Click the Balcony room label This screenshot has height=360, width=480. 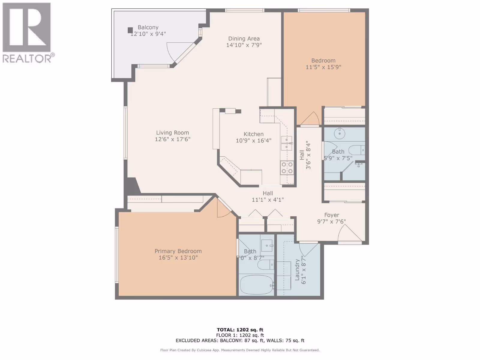coord(148,27)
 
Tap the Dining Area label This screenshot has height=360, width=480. coord(244,39)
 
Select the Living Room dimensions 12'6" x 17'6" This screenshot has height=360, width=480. coord(172,139)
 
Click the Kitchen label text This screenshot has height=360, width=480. coord(253,134)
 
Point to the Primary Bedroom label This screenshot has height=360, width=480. coord(178,251)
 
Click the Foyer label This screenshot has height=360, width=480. coord(331,215)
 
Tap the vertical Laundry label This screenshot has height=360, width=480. coord(297,270)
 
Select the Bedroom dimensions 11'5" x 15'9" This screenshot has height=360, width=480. coord(323,67)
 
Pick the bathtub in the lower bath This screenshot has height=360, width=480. coord(256,285)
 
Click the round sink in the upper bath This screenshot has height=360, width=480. coord(340,133)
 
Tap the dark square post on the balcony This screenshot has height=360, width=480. coord(130,30)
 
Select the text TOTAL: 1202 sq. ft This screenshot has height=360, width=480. coord(240,330)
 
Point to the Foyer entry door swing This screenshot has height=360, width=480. coord(349,233)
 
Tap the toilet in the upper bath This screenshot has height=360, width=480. coord(356,150)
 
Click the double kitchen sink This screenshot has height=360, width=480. coord(286,143)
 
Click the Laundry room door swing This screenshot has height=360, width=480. coord(308,249)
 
